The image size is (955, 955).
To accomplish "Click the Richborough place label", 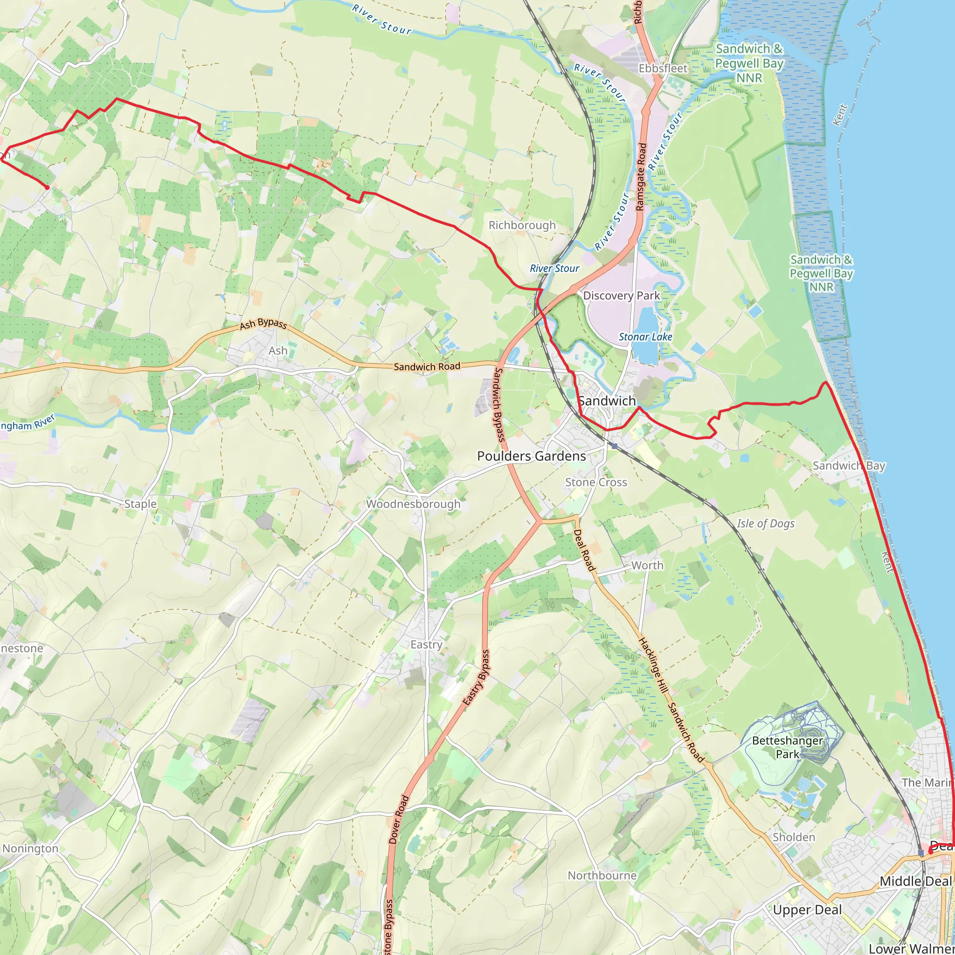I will (x=522, y=225).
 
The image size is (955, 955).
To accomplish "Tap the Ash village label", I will (x=278, y=351).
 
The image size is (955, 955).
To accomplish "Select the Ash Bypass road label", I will (x=263, y=324).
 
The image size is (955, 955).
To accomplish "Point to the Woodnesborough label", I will (x=413, y=504).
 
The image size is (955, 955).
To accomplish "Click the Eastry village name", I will (x=426, y=644).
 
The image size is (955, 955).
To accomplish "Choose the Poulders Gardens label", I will (x=532, y=456).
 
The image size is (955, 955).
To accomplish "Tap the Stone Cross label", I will (x=596, y=482).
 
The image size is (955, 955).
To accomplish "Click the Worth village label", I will (x=647, y=565).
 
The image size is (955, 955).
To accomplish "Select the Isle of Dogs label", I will (x=766, y=524).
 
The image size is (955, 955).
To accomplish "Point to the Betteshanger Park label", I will (x=788, y=747).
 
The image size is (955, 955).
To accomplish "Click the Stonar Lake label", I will (x=645, y=337).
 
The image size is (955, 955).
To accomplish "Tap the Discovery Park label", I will (x=621, y=296).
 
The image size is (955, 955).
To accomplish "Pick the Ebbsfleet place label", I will (x=663, y=68).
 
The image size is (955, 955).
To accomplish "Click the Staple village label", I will (x=140, y=504).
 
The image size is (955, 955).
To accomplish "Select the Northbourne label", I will (x=602, y=875).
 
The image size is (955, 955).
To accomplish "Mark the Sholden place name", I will (x=794, y=837).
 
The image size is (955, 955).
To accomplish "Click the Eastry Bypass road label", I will (x=477, y=677).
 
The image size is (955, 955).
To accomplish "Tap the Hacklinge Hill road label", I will (x=653, y=665).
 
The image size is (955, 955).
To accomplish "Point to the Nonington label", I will (x=30, y=848).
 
